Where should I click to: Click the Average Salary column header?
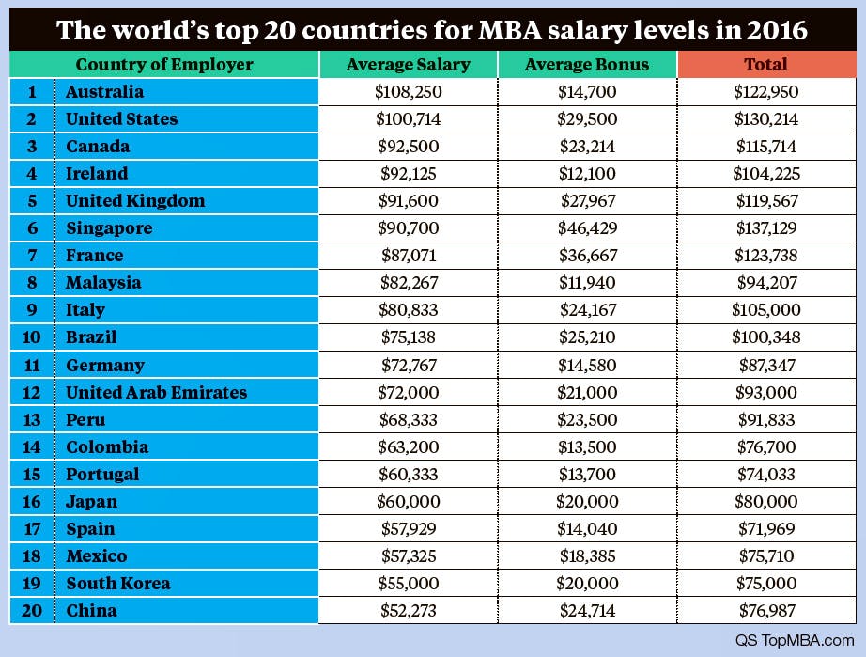point(408,65)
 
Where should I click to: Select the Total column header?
point(765,65)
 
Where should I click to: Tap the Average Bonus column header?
point(587,65)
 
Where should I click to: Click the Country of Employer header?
point(164,65)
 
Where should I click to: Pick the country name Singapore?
point(109,228)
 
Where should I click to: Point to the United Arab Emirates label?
point(157,392)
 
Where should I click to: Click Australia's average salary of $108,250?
point(408,92)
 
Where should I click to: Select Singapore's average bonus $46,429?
point(587,228)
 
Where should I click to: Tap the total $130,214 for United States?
point(765,119)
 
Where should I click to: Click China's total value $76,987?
point(765,611)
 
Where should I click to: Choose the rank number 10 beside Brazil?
point(32,337)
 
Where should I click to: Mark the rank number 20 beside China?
point(32,611)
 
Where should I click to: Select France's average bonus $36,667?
point(587,256)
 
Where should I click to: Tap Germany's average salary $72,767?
point(408,365)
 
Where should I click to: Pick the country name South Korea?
point(118,584)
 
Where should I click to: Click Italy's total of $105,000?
point(765,310)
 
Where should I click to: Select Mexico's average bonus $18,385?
point(587,556)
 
